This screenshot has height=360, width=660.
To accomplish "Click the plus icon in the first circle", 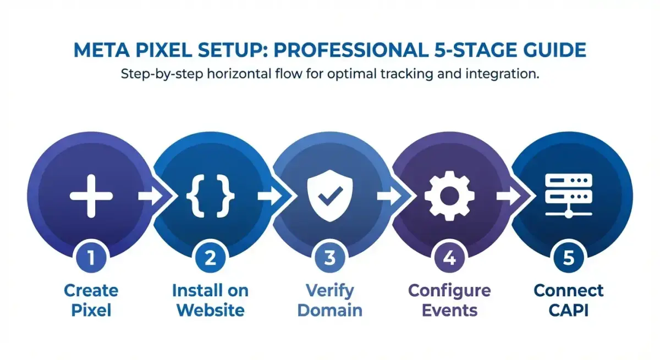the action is [x=91, y=196].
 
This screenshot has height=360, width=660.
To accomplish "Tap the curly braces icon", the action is [x=210, y=196].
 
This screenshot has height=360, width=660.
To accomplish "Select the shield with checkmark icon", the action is [x=329, y=196].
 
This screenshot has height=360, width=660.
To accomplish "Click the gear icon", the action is [x=449, y=196].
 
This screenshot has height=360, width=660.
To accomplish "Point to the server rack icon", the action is [x=569, y=196].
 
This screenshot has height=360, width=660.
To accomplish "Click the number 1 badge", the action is [x=91, y=258].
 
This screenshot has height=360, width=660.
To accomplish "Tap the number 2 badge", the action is [x=210, y=258].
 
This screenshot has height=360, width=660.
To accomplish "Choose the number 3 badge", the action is [x=329, y=258].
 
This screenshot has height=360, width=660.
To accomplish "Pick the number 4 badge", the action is [x=449, y=258].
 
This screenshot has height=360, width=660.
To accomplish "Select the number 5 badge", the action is [x=569, y=258].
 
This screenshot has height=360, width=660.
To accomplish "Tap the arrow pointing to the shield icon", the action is [x=270, y=196].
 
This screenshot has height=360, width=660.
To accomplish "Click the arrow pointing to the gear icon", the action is [x=389, y=196].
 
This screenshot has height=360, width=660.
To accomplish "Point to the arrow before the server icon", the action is [x=509, y=196].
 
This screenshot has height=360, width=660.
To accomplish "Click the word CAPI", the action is [x=569, y=310].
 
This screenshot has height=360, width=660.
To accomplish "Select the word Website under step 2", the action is [x=210, y=310].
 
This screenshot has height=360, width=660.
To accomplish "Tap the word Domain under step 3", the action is [x=329, y=310].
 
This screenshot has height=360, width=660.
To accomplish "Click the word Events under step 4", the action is [x=449, y=310].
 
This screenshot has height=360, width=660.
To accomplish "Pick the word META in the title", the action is [x=102, y=50].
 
